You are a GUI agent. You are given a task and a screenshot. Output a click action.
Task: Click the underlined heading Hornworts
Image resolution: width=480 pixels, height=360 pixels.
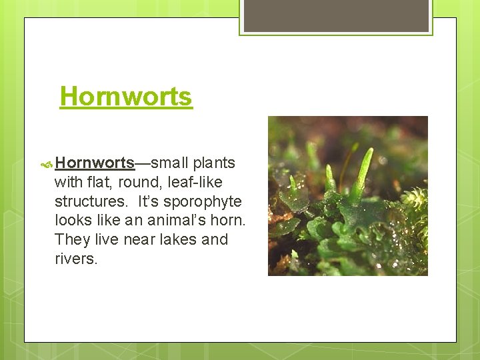126,97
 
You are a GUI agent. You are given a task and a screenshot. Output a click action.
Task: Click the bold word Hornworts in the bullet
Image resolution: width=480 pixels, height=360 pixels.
95,163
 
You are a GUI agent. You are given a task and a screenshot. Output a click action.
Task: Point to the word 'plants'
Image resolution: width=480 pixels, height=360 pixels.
214,163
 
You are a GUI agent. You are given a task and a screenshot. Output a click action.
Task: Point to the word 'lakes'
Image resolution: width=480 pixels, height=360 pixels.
179,239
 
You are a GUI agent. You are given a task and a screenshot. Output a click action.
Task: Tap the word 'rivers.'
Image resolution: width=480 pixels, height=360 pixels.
76,259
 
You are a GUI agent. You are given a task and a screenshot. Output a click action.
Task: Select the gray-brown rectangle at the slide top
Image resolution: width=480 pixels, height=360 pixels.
336,15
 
